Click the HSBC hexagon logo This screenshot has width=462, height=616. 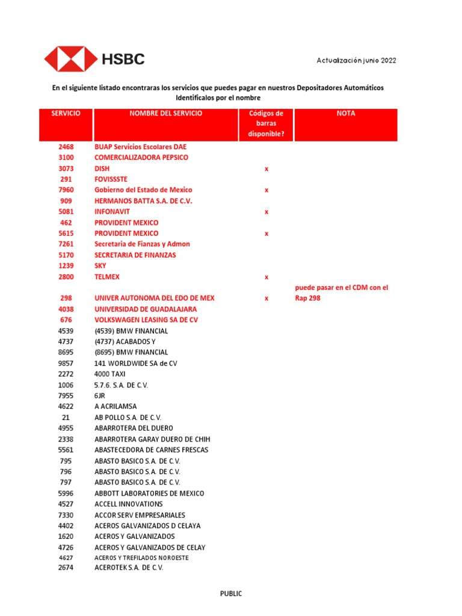coord(70,60)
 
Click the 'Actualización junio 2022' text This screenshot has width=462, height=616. coord(356,60)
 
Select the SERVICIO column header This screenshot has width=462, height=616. coord(66,113)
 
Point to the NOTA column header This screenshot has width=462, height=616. coord(346,113)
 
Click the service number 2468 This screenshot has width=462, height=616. coord(66,147)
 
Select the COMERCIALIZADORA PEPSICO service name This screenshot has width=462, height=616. coord(141,158)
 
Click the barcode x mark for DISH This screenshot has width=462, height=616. coord(266,168)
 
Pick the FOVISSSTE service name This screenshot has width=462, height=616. coord(111,179)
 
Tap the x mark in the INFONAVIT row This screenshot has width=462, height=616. coord(266,212)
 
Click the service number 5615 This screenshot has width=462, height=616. coord(66,233)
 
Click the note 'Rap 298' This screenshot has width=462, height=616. coord(307,298)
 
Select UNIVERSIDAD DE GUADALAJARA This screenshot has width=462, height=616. coord(146,309)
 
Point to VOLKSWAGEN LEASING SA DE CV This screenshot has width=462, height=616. coord(146,320)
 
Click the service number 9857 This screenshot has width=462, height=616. coord(66,363)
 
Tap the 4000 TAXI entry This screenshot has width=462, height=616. coord(110,374)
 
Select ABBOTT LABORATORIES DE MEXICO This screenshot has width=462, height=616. coord(149,493)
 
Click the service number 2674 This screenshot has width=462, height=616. coord(66,568)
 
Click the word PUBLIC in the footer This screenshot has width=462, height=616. coord(231,594)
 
